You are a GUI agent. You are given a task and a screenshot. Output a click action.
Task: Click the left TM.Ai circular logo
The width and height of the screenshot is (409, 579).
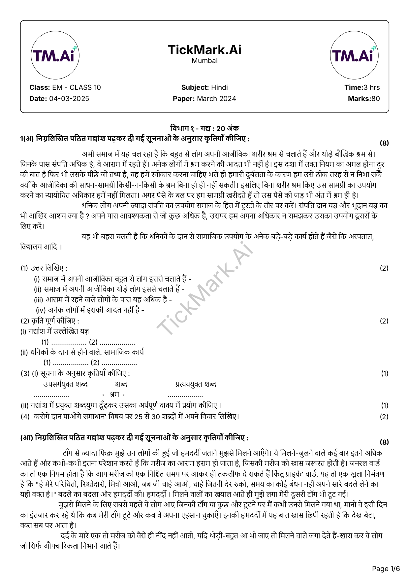[55, 55]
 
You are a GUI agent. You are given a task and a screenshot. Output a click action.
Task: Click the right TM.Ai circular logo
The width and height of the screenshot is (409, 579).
[354, 55]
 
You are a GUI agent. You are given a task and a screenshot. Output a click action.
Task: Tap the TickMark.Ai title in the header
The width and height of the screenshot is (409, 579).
[204, 50]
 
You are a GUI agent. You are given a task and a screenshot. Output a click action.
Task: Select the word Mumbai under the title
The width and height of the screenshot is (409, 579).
[204, 61]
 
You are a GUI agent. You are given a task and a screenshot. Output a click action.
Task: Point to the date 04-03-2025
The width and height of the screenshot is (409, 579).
[69, 99]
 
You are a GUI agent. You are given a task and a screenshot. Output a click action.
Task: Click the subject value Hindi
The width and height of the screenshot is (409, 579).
[219, 87]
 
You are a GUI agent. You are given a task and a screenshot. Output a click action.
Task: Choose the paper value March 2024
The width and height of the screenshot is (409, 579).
[216, 99]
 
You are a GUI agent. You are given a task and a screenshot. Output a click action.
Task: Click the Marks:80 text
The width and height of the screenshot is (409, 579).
[363, 99]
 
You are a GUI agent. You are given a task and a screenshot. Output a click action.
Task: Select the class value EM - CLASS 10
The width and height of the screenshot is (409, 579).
[77, 87]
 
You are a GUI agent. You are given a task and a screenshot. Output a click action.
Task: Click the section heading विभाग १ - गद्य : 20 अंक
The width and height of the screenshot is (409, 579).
[204, 128]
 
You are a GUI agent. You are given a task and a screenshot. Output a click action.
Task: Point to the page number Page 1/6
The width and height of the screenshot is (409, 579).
[386, 568]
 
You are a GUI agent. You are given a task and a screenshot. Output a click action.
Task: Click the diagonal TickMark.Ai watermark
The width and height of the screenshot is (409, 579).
[204, 287]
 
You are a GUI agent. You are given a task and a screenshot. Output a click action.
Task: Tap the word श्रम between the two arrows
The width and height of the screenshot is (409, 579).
[114, 394]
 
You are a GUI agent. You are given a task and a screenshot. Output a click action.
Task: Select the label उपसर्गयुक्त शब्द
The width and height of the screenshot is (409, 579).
[65, 384]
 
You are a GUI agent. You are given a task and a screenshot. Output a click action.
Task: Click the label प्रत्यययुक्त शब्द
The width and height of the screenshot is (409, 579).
[196, 384]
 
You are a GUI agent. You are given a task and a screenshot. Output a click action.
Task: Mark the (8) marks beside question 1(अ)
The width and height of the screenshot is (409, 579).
[384, 143]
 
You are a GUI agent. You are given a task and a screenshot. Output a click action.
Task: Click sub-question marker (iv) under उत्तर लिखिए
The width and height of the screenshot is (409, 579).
[41, 310]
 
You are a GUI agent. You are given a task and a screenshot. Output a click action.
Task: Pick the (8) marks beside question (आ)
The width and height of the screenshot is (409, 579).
[384, 442]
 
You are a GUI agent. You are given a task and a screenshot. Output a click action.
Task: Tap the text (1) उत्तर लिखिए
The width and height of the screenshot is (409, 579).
[44, 268]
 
